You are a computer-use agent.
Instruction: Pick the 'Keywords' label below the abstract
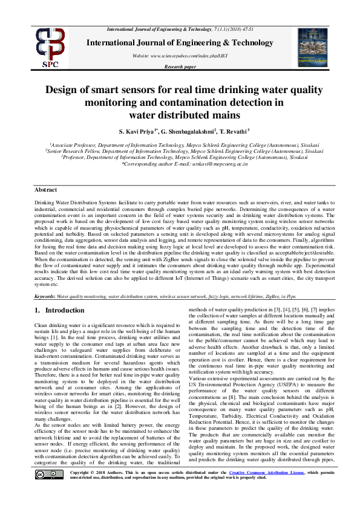coord(45,297)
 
